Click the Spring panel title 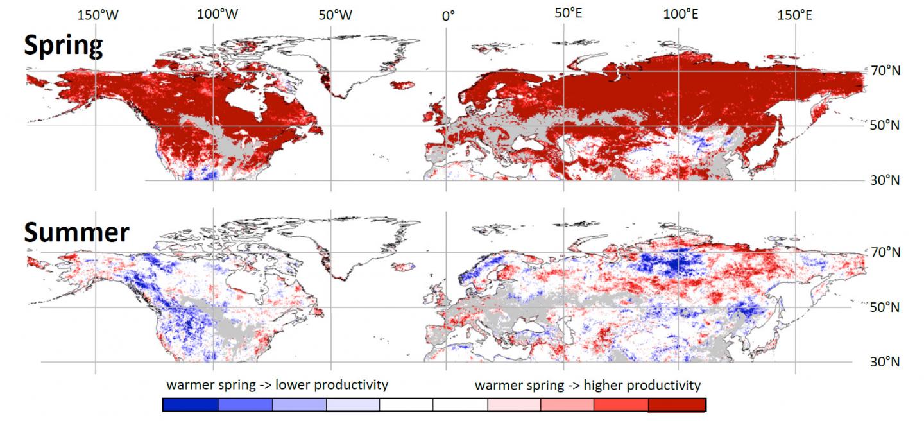tap(63, 46)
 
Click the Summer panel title tap(76, 232)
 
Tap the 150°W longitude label tap(98, 15)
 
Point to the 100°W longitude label tap(218, 15)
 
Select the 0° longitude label tap(448, 15)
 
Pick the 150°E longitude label tap(794, 15)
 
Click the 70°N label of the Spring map tap(884, 71)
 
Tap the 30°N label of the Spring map tap(884, 180)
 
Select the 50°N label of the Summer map tap(884, 307)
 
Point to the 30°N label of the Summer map tap(884, 362)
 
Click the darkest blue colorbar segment tap(191, 405)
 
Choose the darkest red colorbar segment tap(677, 405)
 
